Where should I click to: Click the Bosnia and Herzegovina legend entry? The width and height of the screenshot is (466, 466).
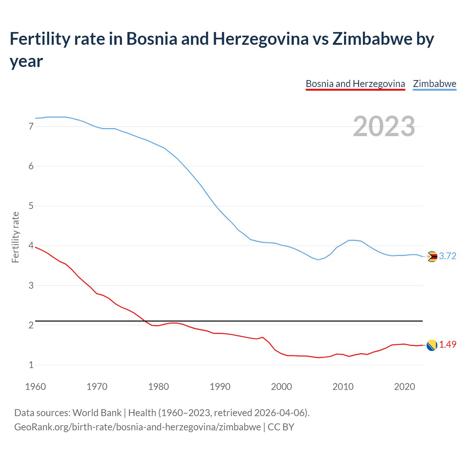[x=355, y=84]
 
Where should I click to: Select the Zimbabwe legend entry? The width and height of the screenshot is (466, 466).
[x=434, y=84]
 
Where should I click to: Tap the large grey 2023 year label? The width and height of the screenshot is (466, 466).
[x=384, y=126]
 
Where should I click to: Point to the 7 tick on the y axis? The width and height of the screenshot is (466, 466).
[x=31, y=127]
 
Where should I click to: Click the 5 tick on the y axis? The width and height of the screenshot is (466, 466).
[x=31, y=206]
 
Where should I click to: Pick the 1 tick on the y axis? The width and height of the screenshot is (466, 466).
[x=31, y=365]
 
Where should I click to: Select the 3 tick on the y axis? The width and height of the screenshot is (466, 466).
[x=31, y=285]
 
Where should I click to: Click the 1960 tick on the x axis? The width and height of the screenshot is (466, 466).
[x=35, y=387]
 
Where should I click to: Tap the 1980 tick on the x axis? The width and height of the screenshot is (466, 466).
[x=158, y=387]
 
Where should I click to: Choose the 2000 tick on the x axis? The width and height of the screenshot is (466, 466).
[x=281, y=387]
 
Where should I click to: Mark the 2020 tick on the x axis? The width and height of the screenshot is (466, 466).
[x=404, y=387]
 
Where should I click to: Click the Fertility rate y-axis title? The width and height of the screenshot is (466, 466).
[x=15, y=237]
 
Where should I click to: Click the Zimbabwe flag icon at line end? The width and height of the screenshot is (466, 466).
[x=432, y=256]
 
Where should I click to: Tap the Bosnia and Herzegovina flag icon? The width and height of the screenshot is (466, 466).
[x=432, y=345]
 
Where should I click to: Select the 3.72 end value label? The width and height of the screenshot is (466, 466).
[x=447, y=256]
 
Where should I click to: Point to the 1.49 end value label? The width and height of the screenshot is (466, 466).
[x=447, y=345]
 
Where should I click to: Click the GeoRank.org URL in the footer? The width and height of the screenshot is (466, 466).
[x=137, y=427]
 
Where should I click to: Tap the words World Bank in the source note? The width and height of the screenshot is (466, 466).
[x=97, y=413]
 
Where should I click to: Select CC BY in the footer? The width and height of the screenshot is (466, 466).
[x=281, y=427]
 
